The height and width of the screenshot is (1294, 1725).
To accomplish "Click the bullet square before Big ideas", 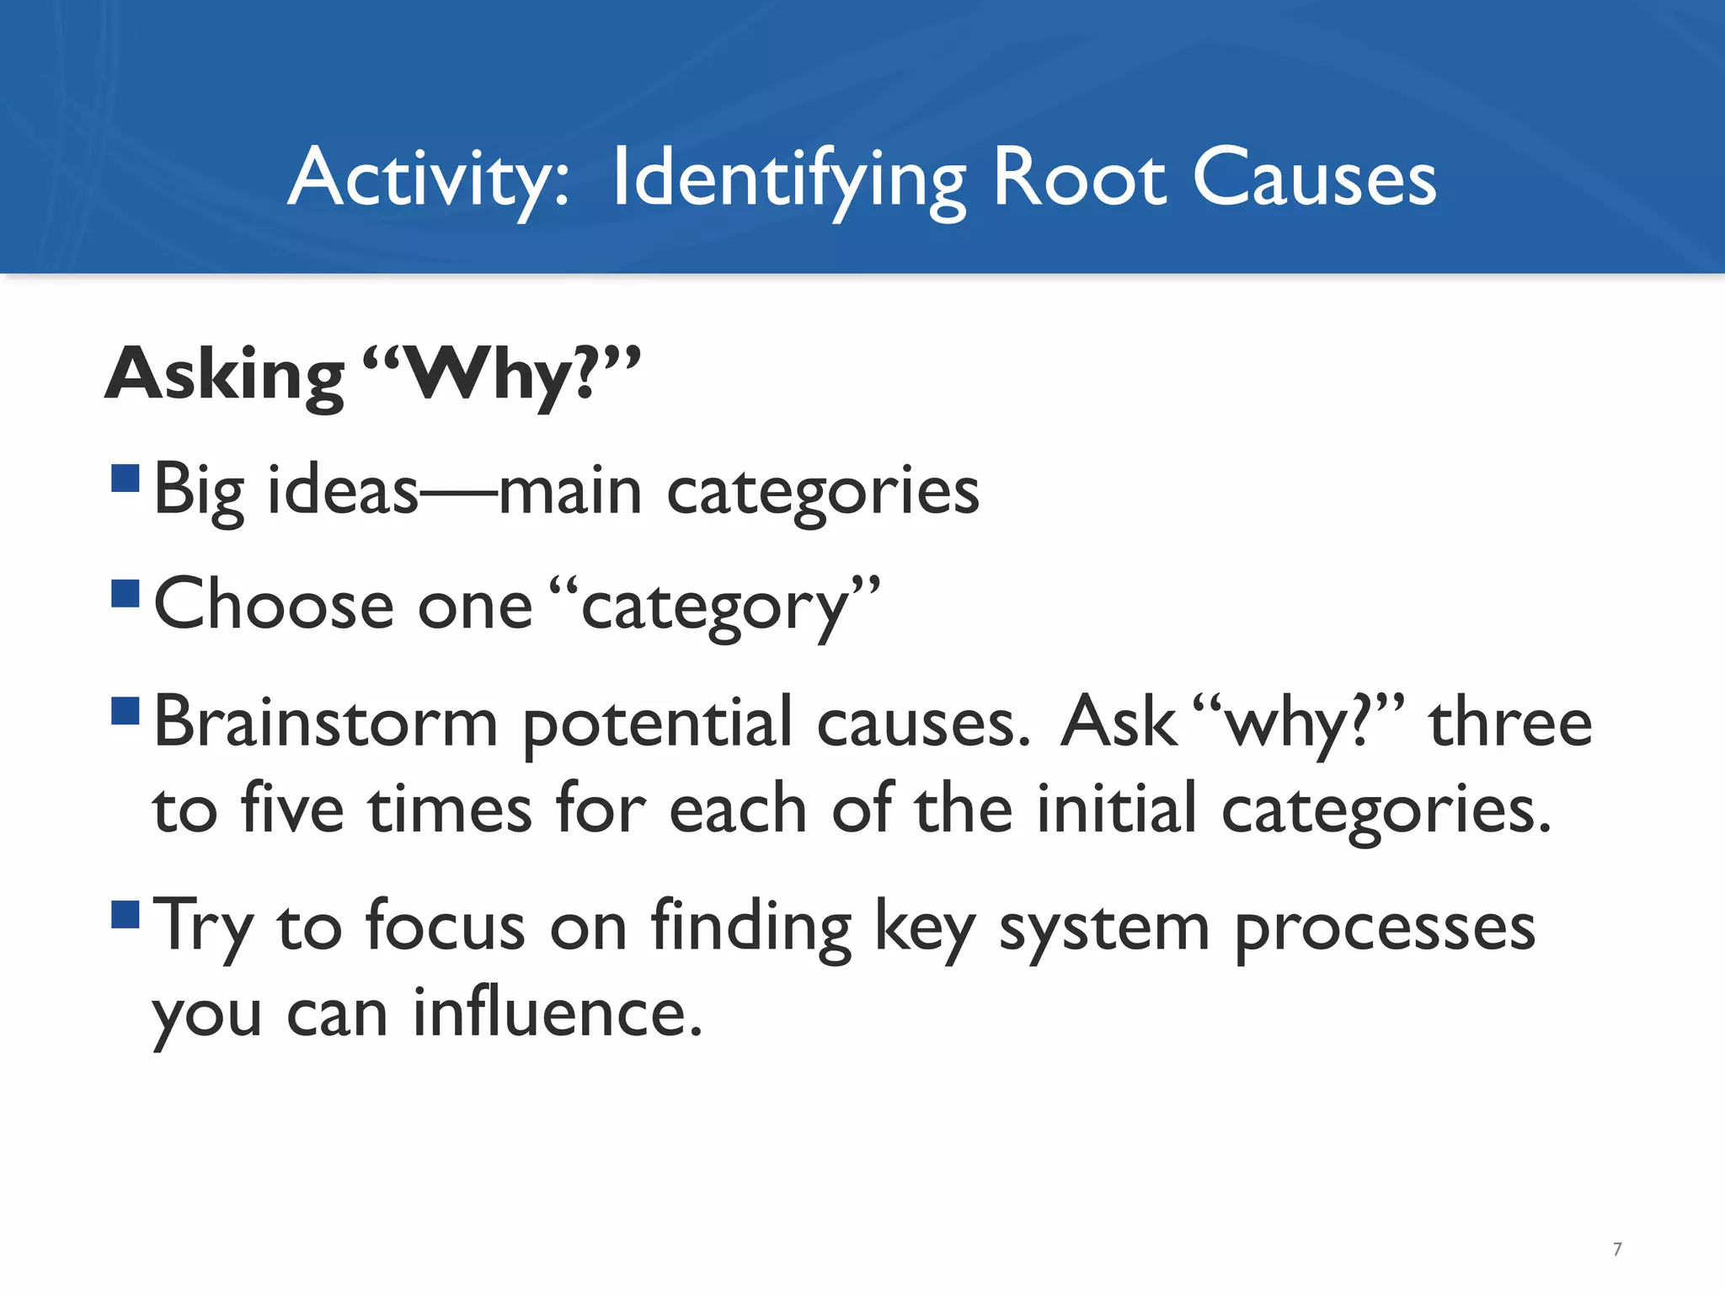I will [126, 479].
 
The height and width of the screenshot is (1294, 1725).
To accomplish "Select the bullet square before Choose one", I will [126, 593].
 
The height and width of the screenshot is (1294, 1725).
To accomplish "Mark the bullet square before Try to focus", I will [126, 914].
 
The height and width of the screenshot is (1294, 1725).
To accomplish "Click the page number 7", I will [1616, 1249].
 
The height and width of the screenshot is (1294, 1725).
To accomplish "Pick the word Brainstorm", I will [326, 723].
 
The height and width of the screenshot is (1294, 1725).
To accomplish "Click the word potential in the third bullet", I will [657, 723].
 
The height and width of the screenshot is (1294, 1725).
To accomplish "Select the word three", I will [1510, 723].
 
